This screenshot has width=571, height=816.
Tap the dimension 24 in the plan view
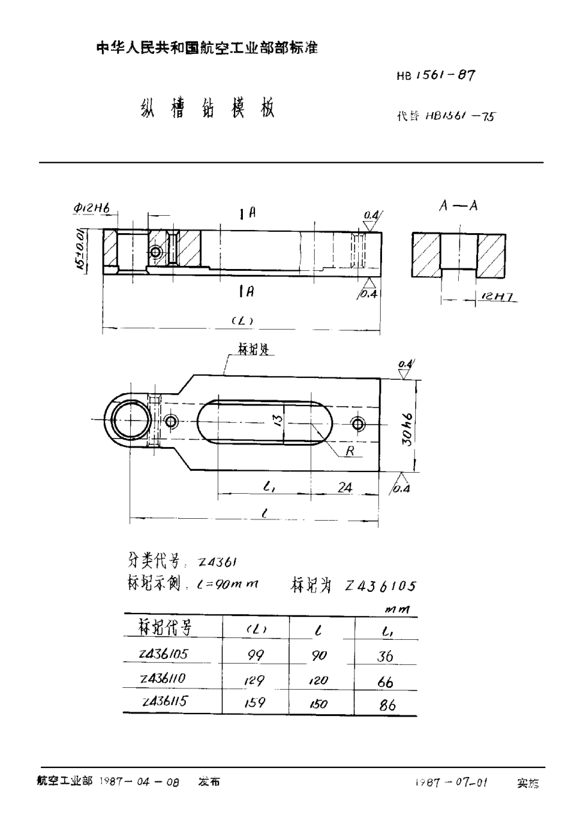[345, 487]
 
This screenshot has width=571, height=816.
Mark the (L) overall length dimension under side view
[241, 322]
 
